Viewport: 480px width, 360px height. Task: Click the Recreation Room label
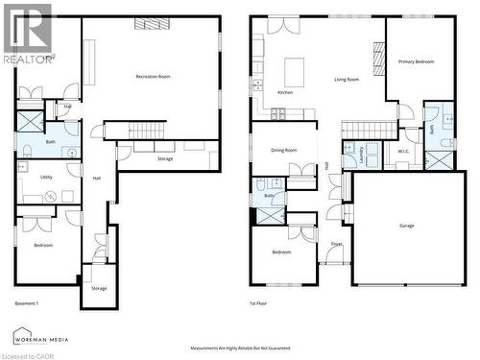[154, 75]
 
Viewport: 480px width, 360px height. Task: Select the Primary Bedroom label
[416, 61]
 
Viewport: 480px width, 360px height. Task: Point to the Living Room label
[347, 80]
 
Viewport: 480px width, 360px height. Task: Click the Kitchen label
[285, 92]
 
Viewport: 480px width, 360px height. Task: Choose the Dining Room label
[283, 150]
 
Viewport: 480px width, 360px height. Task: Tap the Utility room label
[46, 177]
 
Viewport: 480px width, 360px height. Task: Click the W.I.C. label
[403, 151]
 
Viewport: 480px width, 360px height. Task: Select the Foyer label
[337, 244]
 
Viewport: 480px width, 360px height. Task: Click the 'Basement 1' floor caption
[27, 303]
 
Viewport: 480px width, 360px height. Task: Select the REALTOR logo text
[28, 59]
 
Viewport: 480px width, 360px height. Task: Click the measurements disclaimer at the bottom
[240, 348]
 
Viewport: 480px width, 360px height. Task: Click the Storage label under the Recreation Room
[165, 158]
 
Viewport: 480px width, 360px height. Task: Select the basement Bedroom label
[43, 245]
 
